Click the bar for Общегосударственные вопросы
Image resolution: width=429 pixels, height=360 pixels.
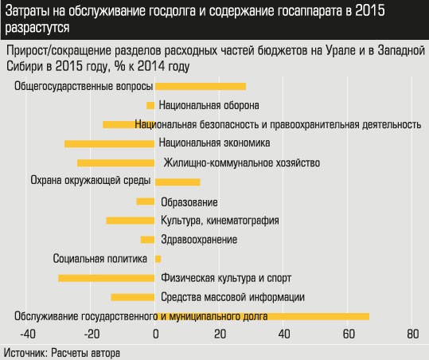pyautogui.click(x=201, y=86)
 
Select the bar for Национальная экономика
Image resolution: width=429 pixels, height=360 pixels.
pyautogui.click(x=109, y=143)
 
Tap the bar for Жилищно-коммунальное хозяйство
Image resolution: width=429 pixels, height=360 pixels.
pyautogui.click(x=115, y=163)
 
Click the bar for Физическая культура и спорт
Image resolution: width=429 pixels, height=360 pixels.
pyautogui.click(x=106, y=278)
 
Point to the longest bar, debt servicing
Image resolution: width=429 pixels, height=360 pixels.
pyautogui.click(x=263, y=316)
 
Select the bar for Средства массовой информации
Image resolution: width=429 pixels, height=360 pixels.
pyautogui.click(x=132, y=297)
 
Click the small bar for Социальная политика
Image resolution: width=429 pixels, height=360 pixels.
pyautogui.click(x=158, y=259)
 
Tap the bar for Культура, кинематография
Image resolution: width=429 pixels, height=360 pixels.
pyautogui.click(x=131, y=221)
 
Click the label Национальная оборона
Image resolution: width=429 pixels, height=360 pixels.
pyautogui.click(x=209, y=105)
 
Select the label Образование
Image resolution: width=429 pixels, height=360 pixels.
pyautogui.click(x=189, y=202)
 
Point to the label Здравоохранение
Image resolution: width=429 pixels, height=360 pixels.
pyautogui.click(x=198, y=240)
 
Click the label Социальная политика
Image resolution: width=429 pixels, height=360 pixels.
pyautogui.click(x=100, y=259)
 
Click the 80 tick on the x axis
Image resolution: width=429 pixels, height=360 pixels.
pyautogui.click(x=411, y=334)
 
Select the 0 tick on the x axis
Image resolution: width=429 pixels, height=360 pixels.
pyautogui.click(x=156, y=334)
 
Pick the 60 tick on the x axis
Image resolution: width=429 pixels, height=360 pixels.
pyautogui.click(x=348, y=334)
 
